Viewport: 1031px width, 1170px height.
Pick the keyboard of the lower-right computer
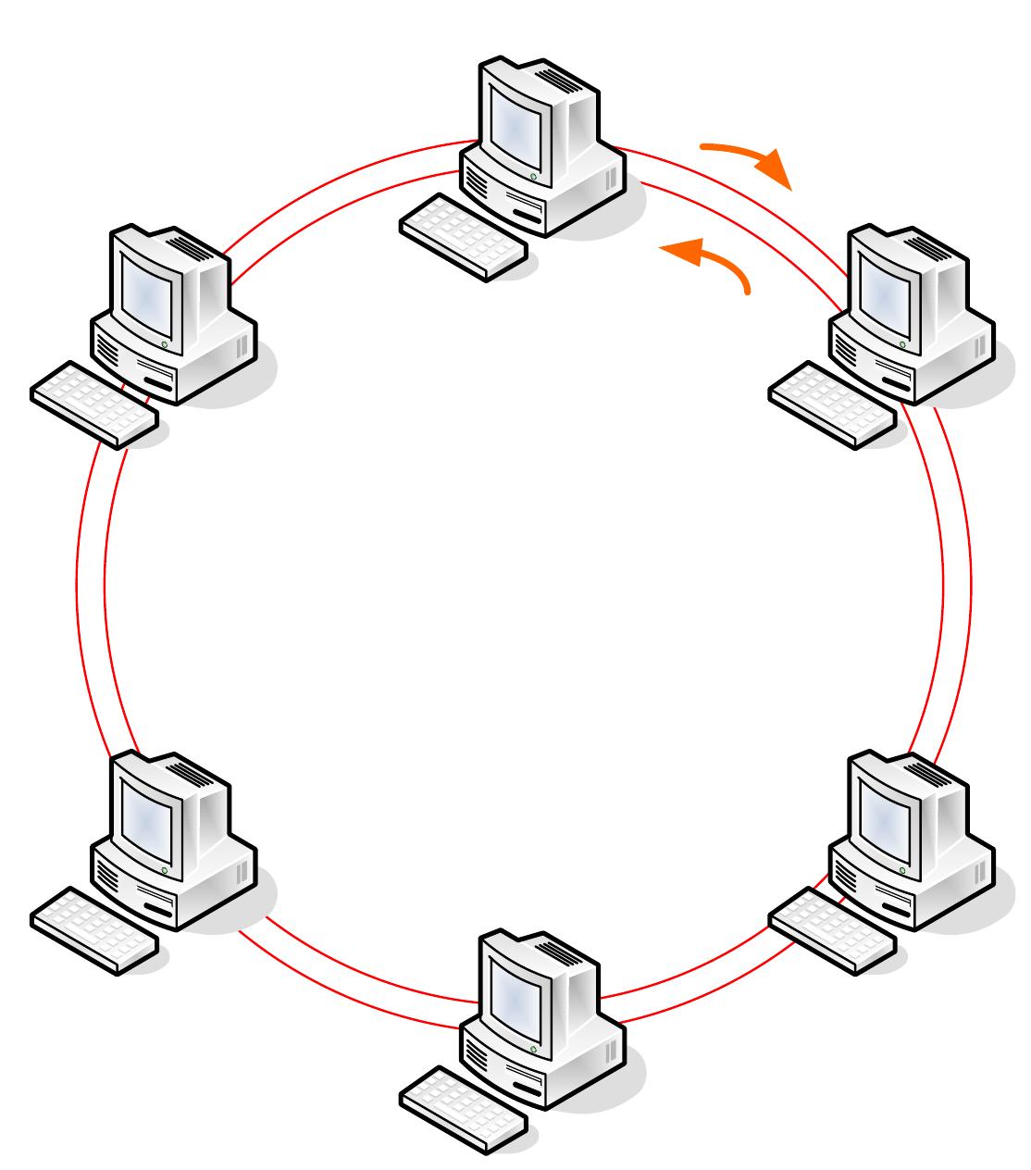click(832, 927)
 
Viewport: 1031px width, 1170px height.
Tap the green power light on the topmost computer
click(534, 176)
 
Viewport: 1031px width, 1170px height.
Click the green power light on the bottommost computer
click(534, 1049)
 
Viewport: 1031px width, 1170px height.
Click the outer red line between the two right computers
click(970, 583)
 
